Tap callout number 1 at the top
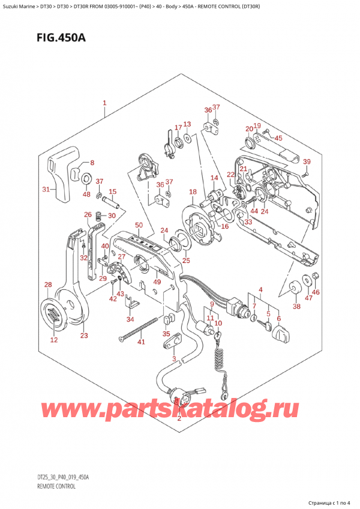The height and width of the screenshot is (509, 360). [x=104, y=103]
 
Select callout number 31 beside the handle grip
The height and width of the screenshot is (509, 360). [x=46, y=190]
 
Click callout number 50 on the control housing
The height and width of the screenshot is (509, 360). [x=139, y=224]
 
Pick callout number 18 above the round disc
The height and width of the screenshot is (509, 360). [x=193, y=192]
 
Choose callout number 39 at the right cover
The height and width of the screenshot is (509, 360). [x=307, y=162]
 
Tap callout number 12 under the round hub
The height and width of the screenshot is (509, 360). [x=54, y=340]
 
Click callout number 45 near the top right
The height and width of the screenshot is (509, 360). [x=278, y=138]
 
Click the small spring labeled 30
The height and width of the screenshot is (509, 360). [x=101, y=215]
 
